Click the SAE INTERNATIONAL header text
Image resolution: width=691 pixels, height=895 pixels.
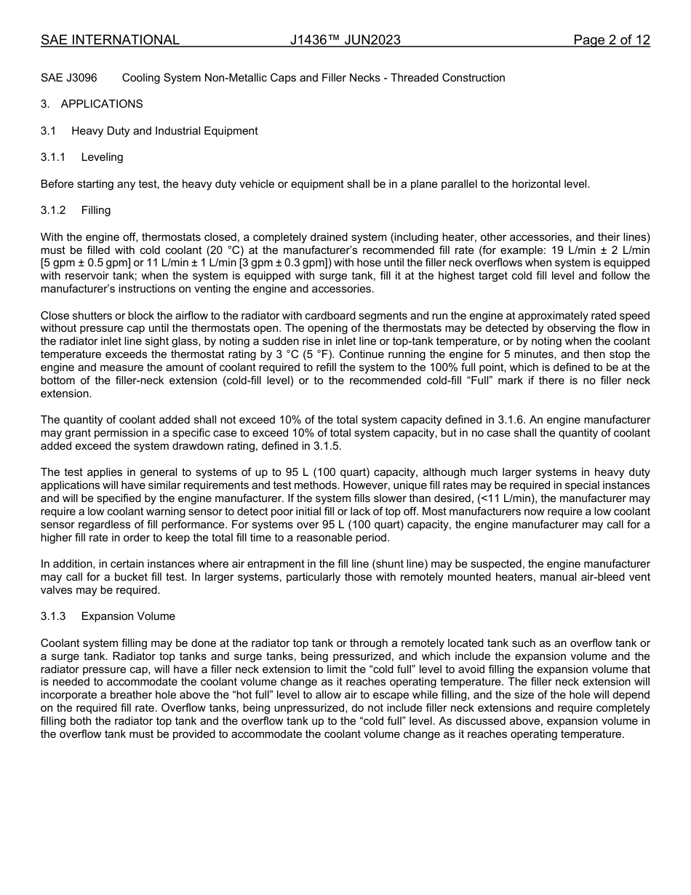click(x=110, y=40)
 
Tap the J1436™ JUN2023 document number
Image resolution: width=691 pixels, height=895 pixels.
click(x=345, y=40)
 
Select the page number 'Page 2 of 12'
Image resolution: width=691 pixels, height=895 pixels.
click(x=611, y=40)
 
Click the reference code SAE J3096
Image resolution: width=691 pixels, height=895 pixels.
click(x=68, y=78)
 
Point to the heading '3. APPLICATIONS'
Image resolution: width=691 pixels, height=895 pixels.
click(x=92, y=104)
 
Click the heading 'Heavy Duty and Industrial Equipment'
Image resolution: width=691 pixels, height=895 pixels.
click(x=164, y=131)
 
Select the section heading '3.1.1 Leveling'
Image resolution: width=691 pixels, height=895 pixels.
click(x=82, y=157)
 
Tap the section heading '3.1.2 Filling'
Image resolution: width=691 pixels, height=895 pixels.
click(x=76, y=210)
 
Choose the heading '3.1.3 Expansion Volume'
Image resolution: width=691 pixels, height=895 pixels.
click(x=108, y=616)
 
